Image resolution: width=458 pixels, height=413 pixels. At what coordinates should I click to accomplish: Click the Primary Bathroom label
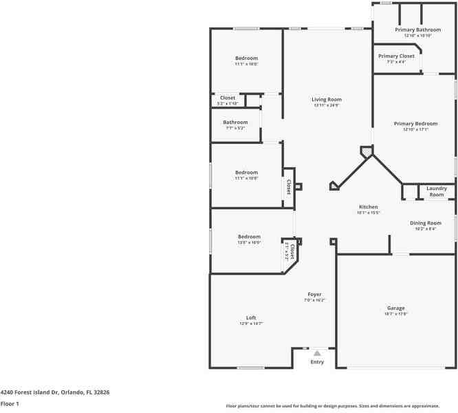(417, 30)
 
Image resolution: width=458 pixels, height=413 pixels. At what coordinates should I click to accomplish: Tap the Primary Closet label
(396, 56)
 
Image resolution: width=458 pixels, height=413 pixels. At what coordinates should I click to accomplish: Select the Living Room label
(327, 99)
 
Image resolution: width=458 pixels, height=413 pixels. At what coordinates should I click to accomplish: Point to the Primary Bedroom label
(415, 123)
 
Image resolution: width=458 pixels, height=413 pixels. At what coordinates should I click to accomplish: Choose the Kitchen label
(368, 206)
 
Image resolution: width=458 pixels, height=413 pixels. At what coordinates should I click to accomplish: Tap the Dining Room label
(425, 222)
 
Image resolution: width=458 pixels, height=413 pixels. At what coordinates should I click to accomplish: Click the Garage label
(395, 308)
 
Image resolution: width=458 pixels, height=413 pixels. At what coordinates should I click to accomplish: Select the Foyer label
(314, 294)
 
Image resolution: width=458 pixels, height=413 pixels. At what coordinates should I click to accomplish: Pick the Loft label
(251, 317)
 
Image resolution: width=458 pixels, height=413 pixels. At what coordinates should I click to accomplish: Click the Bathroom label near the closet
(235, 122)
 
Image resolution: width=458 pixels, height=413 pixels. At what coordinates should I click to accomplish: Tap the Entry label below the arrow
(317, 362)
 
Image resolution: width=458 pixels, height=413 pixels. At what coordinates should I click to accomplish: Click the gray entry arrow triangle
(317, 352)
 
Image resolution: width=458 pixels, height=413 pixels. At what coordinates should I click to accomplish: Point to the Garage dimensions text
(395, 314)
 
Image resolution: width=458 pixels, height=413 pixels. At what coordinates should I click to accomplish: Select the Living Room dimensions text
(327, 105)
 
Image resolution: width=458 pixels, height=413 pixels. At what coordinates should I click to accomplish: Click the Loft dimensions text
(251, 324)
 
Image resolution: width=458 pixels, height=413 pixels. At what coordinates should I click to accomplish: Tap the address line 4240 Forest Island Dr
(54, 392)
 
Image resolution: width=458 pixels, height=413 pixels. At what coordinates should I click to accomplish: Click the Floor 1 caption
(10, 403)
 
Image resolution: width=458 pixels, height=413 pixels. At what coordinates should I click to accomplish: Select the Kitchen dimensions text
(368, 213)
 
